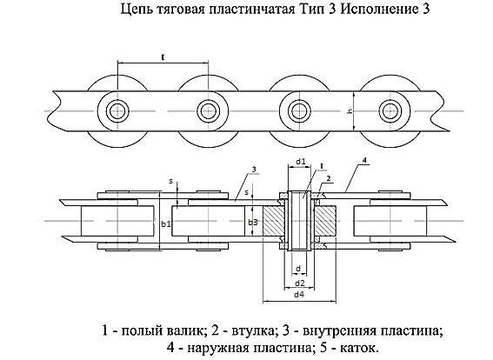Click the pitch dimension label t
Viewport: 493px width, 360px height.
pos(163,57)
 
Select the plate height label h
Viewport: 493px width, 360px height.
pos(350,111)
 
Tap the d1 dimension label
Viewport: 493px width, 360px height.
pos(301,162)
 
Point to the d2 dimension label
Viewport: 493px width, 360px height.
pos(300,283)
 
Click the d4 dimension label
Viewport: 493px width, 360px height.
pos(299,295)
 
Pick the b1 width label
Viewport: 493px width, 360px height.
pos(166,224)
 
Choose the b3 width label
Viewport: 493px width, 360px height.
pos(253,223)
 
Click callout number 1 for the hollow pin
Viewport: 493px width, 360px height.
pos(322,165)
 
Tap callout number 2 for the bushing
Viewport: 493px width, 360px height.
pos(329,178)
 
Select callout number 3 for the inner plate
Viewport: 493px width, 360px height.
pos(255,170)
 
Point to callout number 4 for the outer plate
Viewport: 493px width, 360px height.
pos(364,160)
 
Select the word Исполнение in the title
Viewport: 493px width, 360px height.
pos(377,9)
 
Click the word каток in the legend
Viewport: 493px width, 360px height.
pos(358,348)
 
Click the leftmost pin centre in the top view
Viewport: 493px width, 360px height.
pos(117,111)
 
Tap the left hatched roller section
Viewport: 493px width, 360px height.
pos(274,221)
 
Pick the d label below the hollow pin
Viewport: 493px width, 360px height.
pos(298,269)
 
